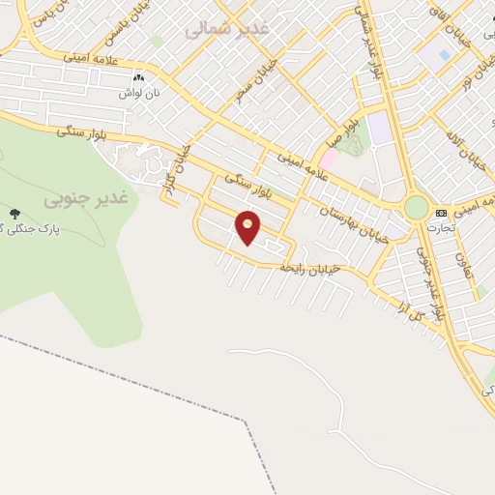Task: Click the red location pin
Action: coord(248,227)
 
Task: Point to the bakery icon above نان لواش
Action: coord(138,76)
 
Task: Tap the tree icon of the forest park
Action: coord(14,213)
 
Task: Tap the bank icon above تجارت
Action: coord(442,212)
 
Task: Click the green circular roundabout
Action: coord(416,207)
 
